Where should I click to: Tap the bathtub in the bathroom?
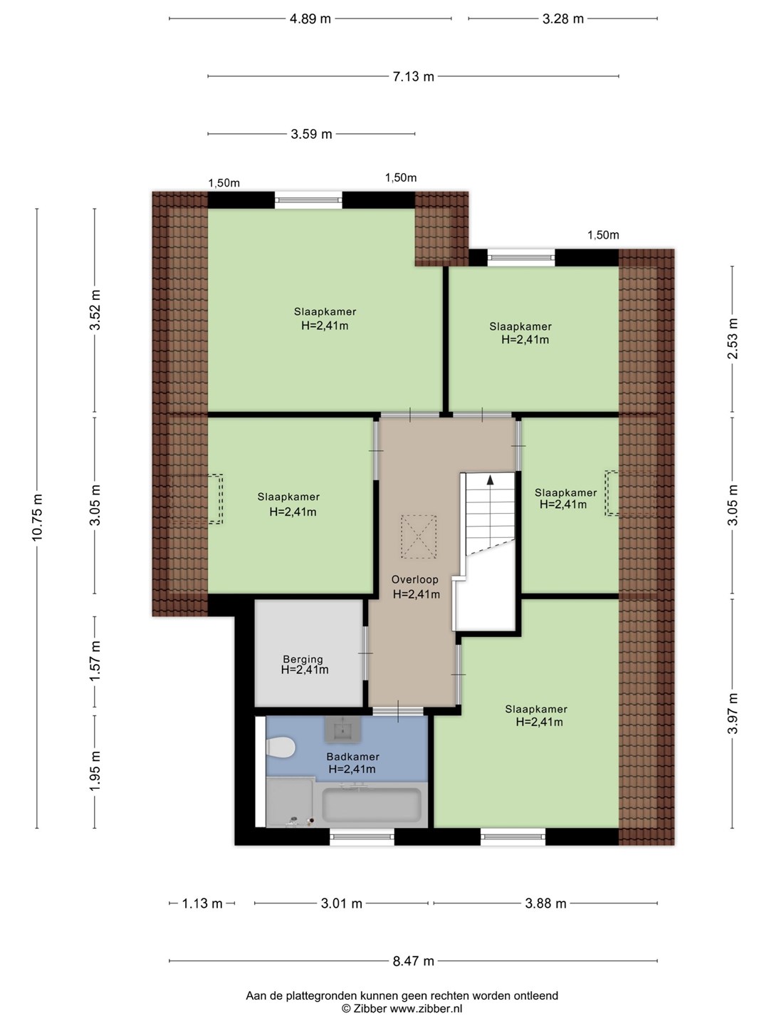point(372,805)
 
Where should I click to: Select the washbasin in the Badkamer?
point(342,730)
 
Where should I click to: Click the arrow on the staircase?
point(491,480)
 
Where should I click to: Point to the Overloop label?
point(414,579)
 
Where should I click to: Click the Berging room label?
point(303,660)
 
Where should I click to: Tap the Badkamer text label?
point(352,756)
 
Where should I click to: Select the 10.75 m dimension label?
point(37,517)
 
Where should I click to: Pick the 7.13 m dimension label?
point(414,76)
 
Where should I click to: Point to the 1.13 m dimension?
point(202,903)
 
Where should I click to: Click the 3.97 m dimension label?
point(733,713)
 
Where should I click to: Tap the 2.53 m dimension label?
point(733,338)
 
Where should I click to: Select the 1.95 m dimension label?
point(95,771)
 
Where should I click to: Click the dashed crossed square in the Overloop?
point(419,537)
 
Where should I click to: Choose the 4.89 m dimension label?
point(310,19)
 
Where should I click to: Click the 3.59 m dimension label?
point(311,134)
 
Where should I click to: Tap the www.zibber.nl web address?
point(426,1008)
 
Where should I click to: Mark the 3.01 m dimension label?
point(341,903)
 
